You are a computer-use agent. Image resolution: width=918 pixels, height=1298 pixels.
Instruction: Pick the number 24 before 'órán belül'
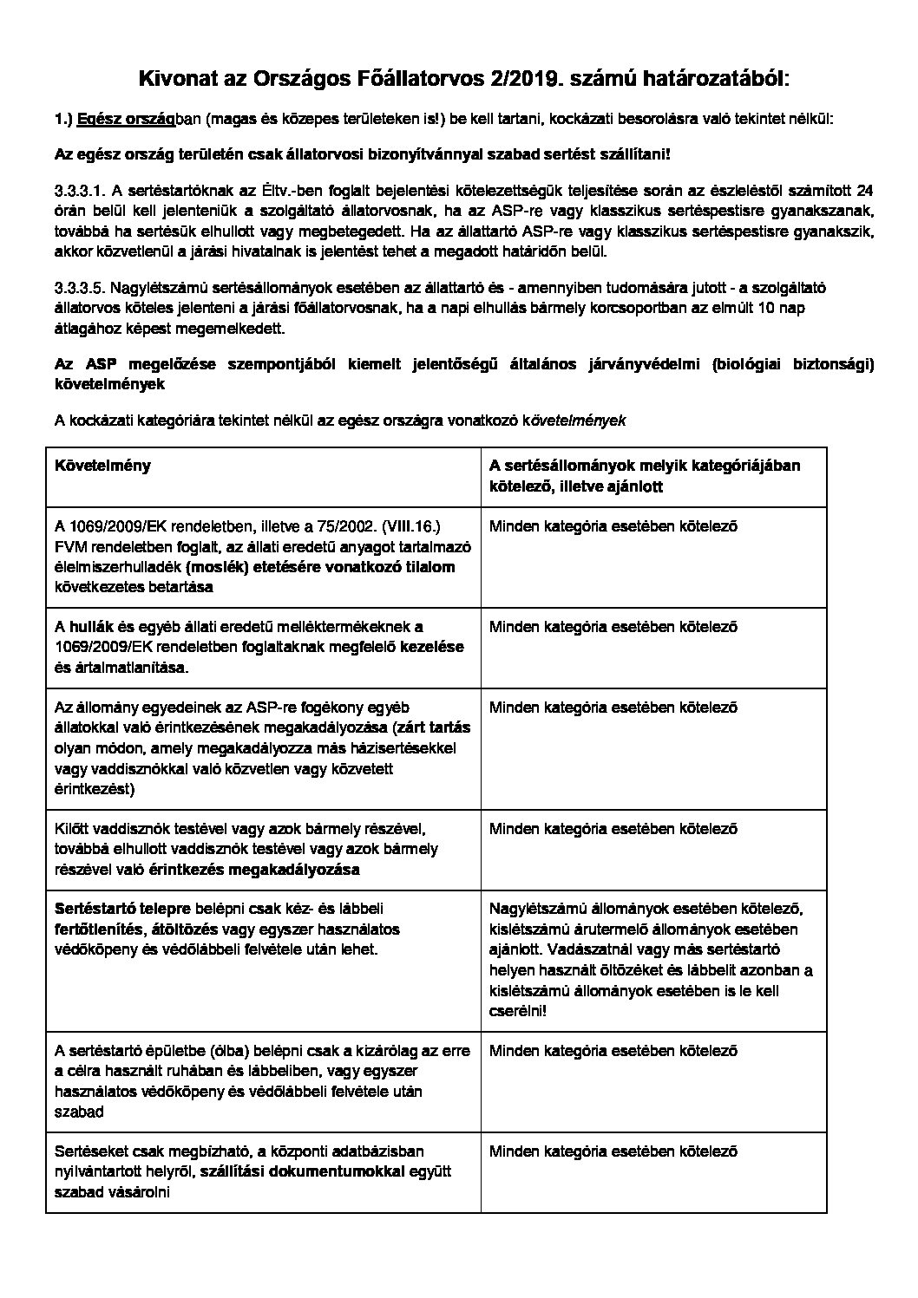point(865,191)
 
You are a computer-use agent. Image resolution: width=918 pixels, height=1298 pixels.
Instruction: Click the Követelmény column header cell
point(102,466)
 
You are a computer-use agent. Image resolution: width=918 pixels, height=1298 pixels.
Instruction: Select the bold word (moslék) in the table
point(218,566)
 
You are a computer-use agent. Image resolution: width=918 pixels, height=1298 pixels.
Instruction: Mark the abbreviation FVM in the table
point(69,546)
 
